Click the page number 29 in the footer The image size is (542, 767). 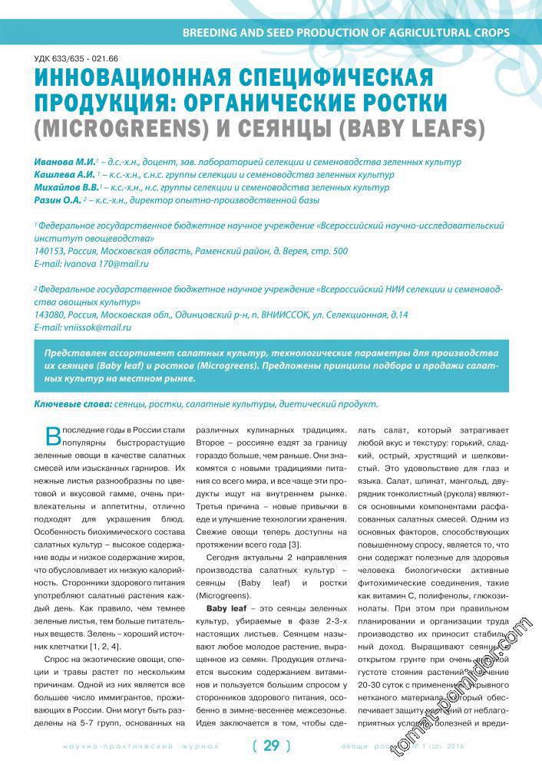pos(272,745)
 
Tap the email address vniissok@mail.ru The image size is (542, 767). pos(97,327)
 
